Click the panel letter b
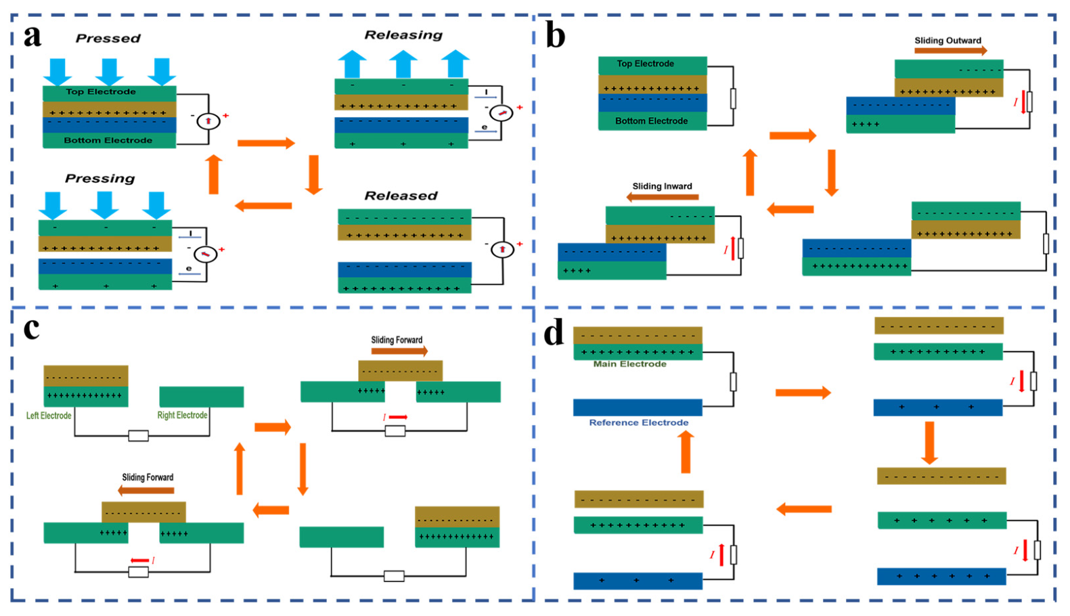(556, 36)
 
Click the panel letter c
(31, 328)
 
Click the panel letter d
(554, 333)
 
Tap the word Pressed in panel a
(108, 39)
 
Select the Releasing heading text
(403, 35)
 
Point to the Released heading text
(401, 196)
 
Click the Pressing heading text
(99, 179)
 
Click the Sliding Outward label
(948, 41)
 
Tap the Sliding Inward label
(662, 186)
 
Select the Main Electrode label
(629, 364)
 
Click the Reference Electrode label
(638, 422)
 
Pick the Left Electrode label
(49, 416)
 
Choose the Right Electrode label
(182, 415)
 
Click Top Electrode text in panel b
(645, 64)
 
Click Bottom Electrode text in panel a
(108, 140)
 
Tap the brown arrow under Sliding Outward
(950, 51)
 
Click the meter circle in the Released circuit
(502, 249)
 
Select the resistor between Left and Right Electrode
(138, 436)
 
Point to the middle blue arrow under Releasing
(403, 64)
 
